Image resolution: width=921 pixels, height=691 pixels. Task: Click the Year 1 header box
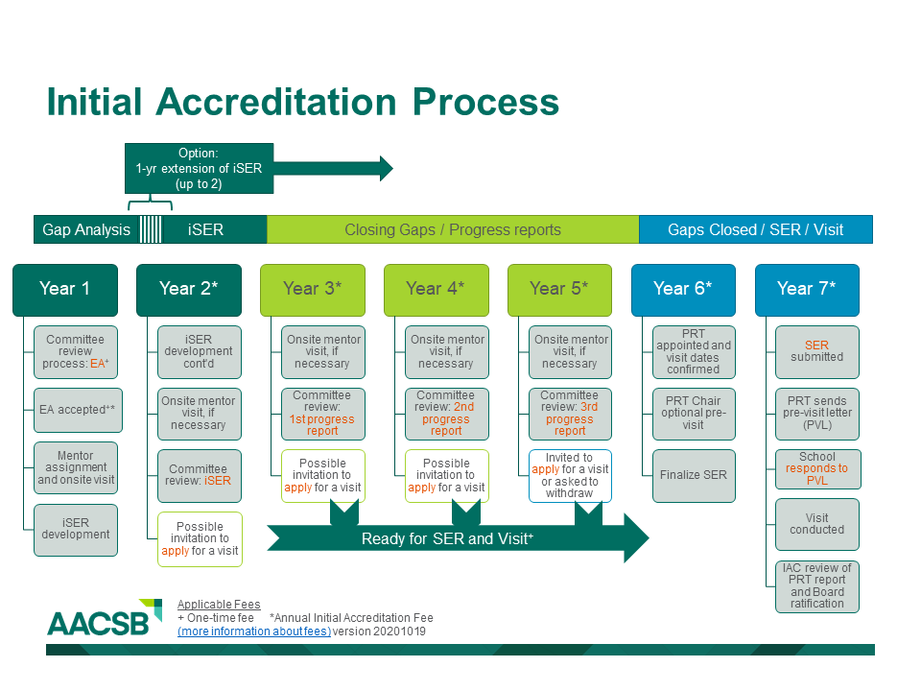click(x=65, y=289)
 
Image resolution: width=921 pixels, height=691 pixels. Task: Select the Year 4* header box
click(x=436, y=289)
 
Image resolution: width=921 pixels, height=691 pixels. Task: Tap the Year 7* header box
click(x=806, y=289)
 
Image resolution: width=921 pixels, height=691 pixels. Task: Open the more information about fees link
click(x=254, y=631)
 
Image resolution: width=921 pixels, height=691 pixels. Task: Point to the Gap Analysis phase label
click(x=86, y=229)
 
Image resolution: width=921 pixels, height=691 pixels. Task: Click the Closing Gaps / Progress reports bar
click(x=452, y=229)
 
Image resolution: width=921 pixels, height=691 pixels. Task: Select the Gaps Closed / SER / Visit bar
click(x=755, y=229)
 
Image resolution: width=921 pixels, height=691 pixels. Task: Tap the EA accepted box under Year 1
click(x=76, y=410)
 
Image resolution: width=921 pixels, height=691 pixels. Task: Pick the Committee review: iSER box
click(x=200, y=475)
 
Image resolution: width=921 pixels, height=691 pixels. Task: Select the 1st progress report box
click(x=322, y=413)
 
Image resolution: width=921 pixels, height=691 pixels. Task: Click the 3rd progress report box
click(x=570, y=413)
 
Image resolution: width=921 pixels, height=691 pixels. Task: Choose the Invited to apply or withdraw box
click(x=570, y=475)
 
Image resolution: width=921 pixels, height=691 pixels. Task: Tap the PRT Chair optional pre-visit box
click(x=694, y=413)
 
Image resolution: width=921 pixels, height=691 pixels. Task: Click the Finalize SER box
click(x=694, y=475)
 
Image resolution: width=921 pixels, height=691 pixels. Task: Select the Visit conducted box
click(x=817, y=524)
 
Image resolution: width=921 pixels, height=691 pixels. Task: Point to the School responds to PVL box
click(x=817, y=468)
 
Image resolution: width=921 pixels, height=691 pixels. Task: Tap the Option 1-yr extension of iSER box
click(x=199, y=168)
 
